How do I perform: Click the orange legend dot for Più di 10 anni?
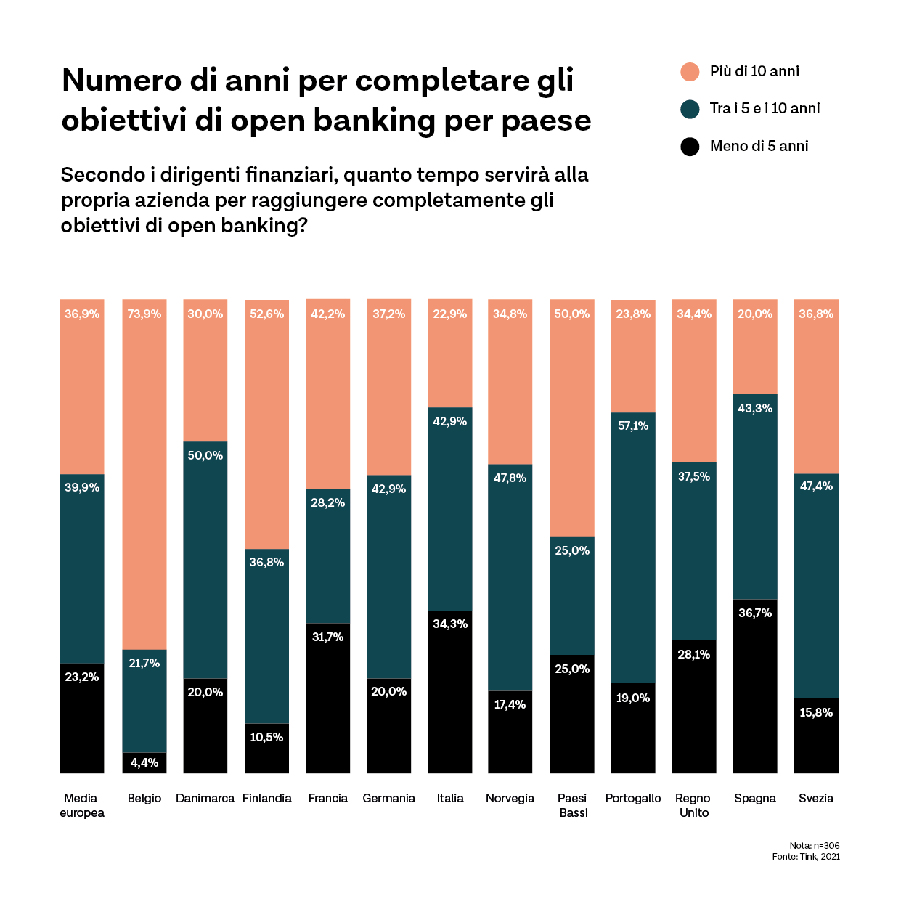point(690,71)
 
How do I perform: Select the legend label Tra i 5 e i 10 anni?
point(765,108)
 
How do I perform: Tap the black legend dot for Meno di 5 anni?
point(690,146)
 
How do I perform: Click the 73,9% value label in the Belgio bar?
point(144,314)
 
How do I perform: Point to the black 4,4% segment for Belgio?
point(144,762)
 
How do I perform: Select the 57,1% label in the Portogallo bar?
point(633,425)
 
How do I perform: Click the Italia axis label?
point(450,798)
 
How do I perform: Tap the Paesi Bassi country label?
point(573,805)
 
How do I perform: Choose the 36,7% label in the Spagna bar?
point(755,613)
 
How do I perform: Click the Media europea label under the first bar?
point(82,805)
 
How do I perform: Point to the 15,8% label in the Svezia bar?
point(816,712)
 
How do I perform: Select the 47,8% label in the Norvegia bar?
point(510,478)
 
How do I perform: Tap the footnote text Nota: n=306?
point(814,845)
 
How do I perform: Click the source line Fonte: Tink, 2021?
point(806,857)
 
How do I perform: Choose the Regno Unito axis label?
point(693,805)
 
